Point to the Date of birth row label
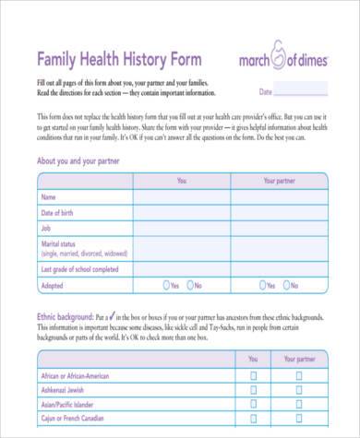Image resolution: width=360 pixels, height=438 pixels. pos(62,213)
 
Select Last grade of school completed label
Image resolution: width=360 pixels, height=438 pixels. pos(80,269)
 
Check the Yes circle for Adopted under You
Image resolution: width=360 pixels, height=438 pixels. pos(166,286)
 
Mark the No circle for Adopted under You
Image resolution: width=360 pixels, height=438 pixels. pos(190,286)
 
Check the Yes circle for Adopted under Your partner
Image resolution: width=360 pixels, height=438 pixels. pos(262,286)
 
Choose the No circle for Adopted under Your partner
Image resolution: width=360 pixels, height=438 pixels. pos(286,286)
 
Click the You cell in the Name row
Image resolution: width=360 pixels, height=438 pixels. pos(181,197)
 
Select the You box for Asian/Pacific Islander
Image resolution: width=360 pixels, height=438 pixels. pos(252,404)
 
